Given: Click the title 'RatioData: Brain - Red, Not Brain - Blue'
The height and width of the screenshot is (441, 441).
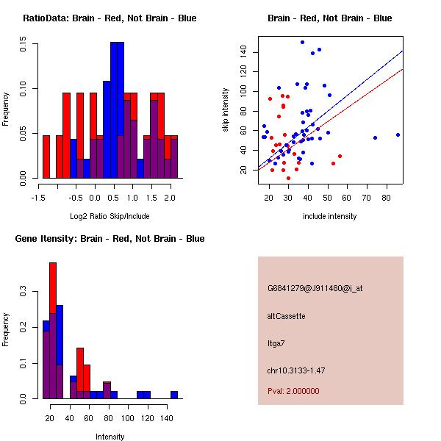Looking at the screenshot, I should click(x=110, y=18).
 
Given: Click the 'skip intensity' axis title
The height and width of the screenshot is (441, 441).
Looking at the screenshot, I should click(x=226, y=110).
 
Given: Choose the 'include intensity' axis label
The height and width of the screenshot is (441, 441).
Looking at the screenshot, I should click(x=330, y=216).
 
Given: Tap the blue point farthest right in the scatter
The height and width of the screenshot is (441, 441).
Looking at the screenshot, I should click(x=398, y=135).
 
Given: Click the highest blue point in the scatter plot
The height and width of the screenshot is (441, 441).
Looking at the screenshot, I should click(x=302, y=43).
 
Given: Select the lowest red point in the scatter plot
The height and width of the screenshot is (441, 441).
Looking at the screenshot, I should click(x=288, y=178).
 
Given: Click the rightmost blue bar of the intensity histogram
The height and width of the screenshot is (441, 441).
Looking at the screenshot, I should click(x=174, y=395).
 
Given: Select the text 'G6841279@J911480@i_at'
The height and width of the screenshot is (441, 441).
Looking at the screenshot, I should click(x=315, y=288).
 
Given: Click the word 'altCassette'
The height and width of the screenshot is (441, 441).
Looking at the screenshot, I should click(x=286, y=316).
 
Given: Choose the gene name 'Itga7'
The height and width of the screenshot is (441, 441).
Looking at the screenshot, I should click(x=276, y=343).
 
